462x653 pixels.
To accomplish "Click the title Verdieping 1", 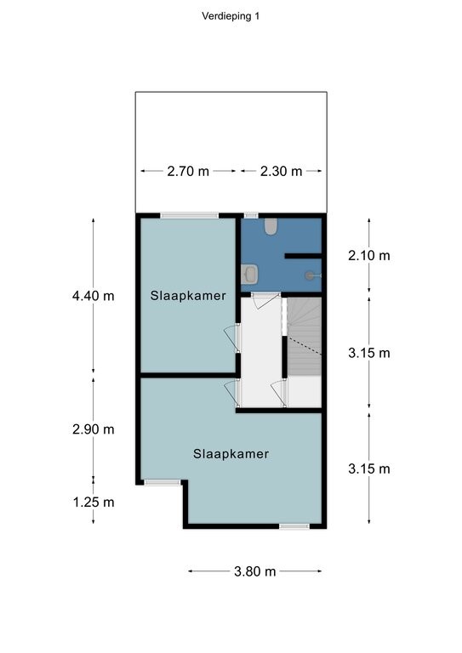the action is (x=231, y=16).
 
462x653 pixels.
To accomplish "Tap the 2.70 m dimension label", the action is (x=188, y=171).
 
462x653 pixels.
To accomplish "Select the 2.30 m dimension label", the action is (x=282, y=171).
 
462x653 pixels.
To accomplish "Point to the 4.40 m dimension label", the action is (x=93, y=296).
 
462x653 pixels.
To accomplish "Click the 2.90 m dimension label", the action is (x=93, y=429).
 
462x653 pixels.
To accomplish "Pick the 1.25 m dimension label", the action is (x=94, y=503).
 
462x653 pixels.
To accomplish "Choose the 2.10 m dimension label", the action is (x=369, y=255).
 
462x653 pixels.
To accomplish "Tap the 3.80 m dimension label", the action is (x=255, y=571).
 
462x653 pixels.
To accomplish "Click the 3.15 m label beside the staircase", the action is (x=369, y=353).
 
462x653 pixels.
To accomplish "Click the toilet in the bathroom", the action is (x=271, y=227).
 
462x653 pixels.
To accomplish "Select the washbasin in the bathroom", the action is (x=249, y=275).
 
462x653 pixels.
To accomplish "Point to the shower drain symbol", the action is (x=310, y=275).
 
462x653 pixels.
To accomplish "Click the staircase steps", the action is (x=305, y=337).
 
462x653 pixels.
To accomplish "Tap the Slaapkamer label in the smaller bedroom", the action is (x=188, y=296).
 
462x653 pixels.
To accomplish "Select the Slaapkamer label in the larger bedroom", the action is (x=231, y=454).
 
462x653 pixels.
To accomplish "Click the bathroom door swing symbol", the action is (x=265, y=300).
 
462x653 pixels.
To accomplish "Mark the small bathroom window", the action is (x=251, y=215).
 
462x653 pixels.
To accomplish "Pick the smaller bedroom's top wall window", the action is (x=190, y=215).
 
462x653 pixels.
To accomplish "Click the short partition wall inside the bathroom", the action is (x=303, y=256).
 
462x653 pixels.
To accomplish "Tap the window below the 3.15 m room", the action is (x=294, y=526).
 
